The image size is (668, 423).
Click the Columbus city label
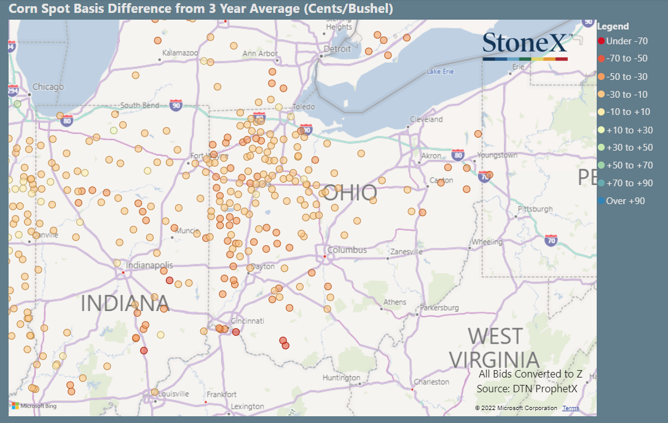tap(347, 250)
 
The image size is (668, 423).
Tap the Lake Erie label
tap(440, 72)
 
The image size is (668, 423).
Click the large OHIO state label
tap(350, 193)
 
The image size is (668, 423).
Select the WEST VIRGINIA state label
tap(494, 348)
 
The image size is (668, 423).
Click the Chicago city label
tap(48, 87)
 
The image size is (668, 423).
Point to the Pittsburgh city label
tap(535, 209)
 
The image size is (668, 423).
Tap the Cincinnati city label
tap(247, 321)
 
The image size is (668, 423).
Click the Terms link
tap(570, 408)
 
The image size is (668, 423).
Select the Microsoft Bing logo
tap(34, 406)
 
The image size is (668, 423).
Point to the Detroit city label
tap(337, 49)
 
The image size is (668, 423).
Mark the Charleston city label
tap(431, 382)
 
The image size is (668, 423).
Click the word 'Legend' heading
tap(613, 26)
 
